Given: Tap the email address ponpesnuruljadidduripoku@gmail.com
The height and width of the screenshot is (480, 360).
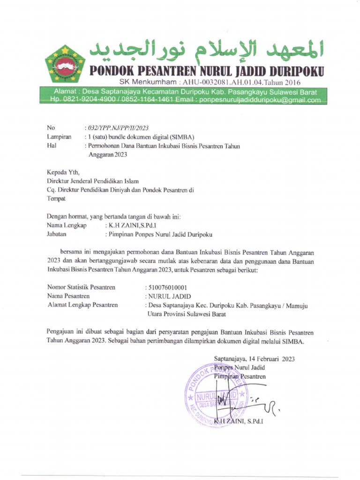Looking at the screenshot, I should pyautogui.click(x=260, y=100).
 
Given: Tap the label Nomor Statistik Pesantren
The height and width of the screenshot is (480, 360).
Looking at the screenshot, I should pyautogui.click(x=81, y=287).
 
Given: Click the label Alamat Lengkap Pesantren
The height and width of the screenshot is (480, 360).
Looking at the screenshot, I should pyautogui.click(x=82, y=305).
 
